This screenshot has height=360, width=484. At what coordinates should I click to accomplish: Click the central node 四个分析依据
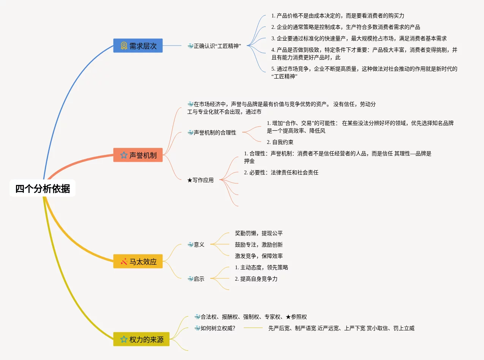point(43,188)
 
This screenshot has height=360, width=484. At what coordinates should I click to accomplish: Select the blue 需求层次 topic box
point(138,46)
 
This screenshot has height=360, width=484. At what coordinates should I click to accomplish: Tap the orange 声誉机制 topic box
point(138,155)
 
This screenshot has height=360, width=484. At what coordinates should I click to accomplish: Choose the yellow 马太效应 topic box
point(138,261)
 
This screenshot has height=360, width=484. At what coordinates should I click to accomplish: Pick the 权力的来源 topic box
point(141,339)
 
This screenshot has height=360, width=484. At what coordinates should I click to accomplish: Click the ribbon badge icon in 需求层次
point(124,46)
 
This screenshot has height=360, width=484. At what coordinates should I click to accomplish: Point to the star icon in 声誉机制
point(124,155)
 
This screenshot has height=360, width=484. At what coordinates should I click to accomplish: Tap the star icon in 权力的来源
point(124,339)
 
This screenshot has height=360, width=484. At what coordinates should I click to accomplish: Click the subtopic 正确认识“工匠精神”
point(214,46)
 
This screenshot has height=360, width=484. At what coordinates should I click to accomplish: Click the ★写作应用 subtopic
point(200,180)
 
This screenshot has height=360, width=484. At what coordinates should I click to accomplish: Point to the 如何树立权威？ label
point(214,328)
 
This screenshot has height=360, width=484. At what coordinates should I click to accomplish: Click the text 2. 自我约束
point(280,142)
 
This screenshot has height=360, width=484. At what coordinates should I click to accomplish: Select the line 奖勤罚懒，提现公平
point(259,233)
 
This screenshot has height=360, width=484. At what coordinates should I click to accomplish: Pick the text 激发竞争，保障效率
point(259,256)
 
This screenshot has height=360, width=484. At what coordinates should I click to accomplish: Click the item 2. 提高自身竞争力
point(256,279)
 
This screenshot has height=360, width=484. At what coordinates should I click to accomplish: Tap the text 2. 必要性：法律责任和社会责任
point(281,172)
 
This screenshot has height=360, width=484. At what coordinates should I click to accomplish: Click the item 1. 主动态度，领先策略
point(262,267)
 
